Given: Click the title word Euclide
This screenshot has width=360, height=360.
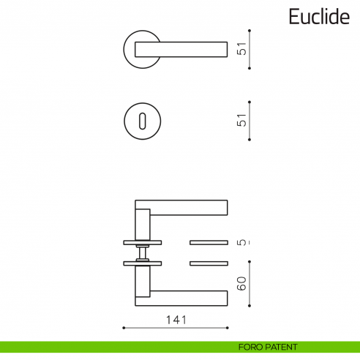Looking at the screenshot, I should coord(318,18).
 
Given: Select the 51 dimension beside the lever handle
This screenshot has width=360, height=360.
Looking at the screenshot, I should coord(241,49).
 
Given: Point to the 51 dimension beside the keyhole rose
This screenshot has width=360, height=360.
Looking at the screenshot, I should coord(241,120).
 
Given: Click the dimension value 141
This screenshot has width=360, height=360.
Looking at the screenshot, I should coord(176,320).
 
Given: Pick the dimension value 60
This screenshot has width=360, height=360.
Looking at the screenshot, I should coord(241,283).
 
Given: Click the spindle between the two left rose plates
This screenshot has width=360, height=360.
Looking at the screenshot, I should coord(143,252).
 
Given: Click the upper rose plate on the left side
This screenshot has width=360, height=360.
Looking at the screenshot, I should coord(143,242).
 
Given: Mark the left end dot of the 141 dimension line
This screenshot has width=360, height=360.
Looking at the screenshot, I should coord(124,328).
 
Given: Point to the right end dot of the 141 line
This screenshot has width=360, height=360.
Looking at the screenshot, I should coord(228,328).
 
